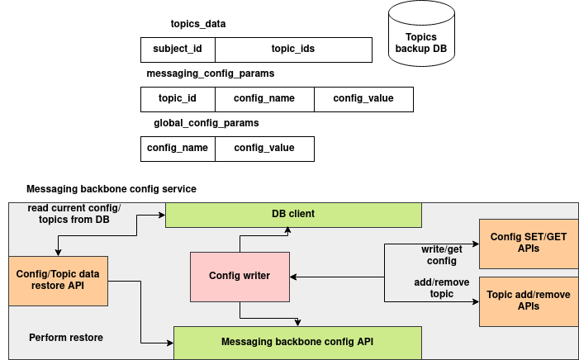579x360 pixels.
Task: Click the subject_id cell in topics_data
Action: point(178,49)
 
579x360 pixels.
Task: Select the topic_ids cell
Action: point(293,49)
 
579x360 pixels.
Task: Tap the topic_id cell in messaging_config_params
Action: point(178,98)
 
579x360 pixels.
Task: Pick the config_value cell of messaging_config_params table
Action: point(363,98)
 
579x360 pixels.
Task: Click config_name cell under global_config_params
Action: point(178,148)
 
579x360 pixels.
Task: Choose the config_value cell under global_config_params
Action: point(264,148)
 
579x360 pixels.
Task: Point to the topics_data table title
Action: point(197,24)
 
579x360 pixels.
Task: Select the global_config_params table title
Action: point(206,123)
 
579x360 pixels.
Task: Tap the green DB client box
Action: point(293,214)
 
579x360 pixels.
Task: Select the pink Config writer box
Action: point(240,277)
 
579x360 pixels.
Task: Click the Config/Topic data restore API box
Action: point(58,280)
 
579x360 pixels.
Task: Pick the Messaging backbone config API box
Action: point(297,342)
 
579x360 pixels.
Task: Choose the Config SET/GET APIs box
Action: point(529,244)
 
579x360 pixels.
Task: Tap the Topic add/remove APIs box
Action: point(529,301)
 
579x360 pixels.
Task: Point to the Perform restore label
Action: point(66,338)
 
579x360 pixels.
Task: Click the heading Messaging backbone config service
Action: point(112,189)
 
